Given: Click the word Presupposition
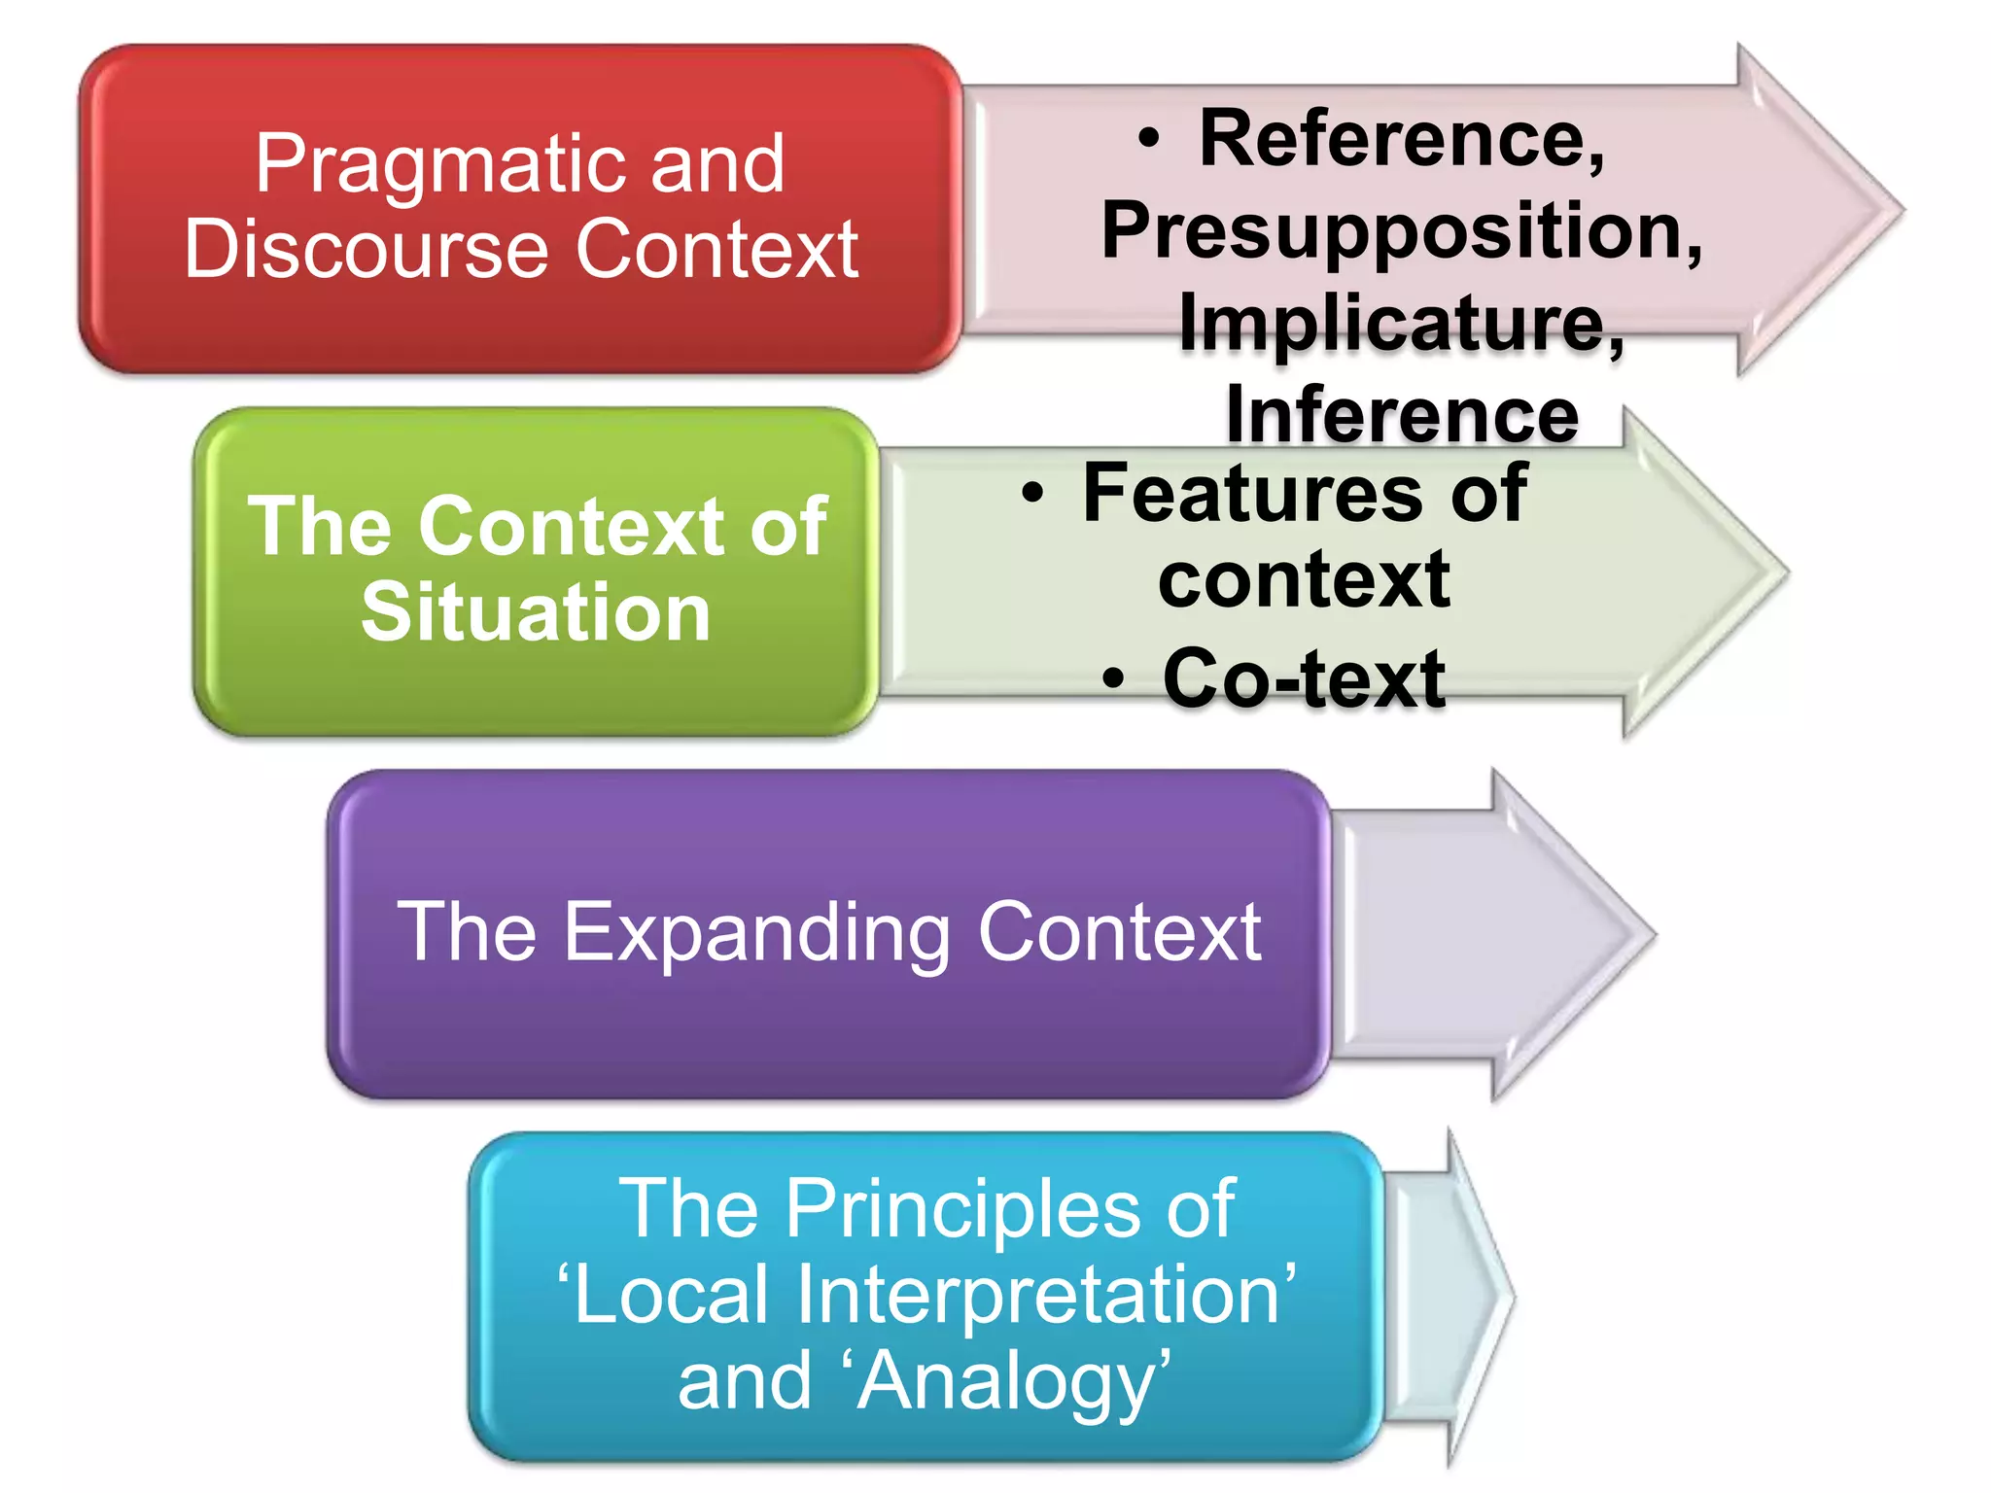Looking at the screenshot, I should pos(1400,231).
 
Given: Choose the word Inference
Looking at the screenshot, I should pos(1402,414).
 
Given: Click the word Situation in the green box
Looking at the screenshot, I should pos(536,612).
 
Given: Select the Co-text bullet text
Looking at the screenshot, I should pos(1303,678).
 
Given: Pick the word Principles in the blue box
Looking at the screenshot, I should pos(962,1209).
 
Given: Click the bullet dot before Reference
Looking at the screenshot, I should pos(1149,140).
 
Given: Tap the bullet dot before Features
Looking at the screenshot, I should pos(1032,494).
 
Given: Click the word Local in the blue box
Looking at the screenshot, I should pos(671,1295).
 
